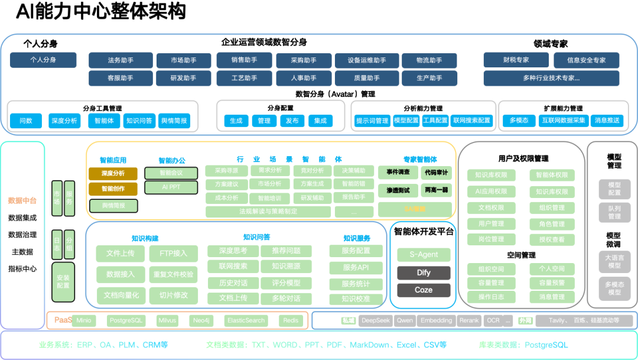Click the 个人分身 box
click(43, 60)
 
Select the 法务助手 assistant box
click(121, 60)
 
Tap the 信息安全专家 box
click(586, 60)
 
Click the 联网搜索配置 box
click(471, 121)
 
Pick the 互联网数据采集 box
click(564, 121)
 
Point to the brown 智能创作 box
click(113, 189)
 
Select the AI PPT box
click(171, 187)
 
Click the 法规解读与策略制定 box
click(268, 211)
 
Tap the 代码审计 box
click(436, 173)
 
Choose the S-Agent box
click(424, 255)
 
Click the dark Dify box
click(424, 273)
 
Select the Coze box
click(424, 290)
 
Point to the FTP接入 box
click(173, 254)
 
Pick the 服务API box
click(355, 268)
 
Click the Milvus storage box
click(167, 320)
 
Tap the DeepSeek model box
click(376, 320)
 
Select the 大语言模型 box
click(614, 261)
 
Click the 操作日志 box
click(491, 297)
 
